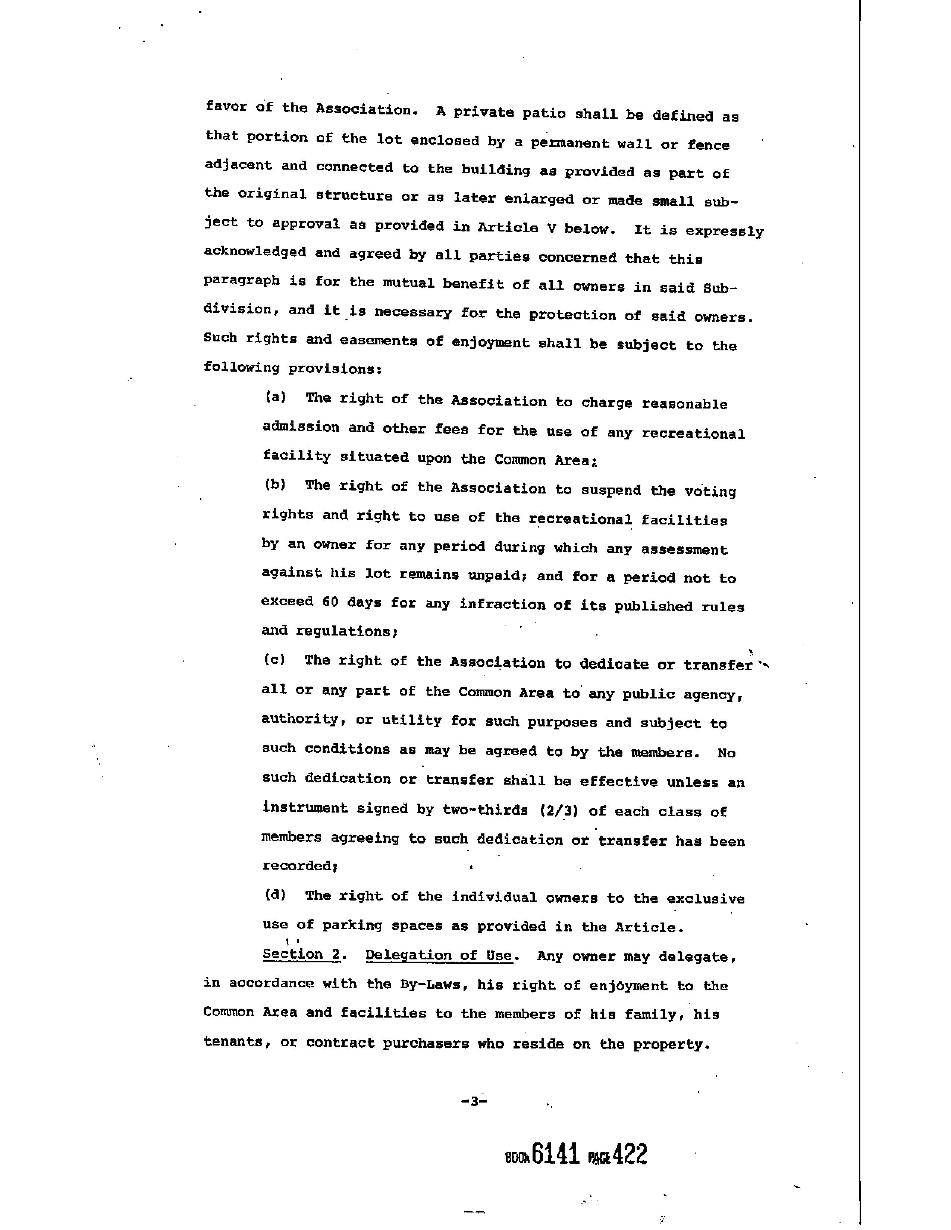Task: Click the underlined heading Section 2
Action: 301,954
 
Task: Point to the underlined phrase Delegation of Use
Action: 439,955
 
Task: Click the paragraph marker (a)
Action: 276,397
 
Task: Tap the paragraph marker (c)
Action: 274,659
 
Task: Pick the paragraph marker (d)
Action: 275,894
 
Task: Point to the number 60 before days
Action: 330,602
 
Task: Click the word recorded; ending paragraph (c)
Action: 300,865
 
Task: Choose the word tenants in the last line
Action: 233,1042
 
